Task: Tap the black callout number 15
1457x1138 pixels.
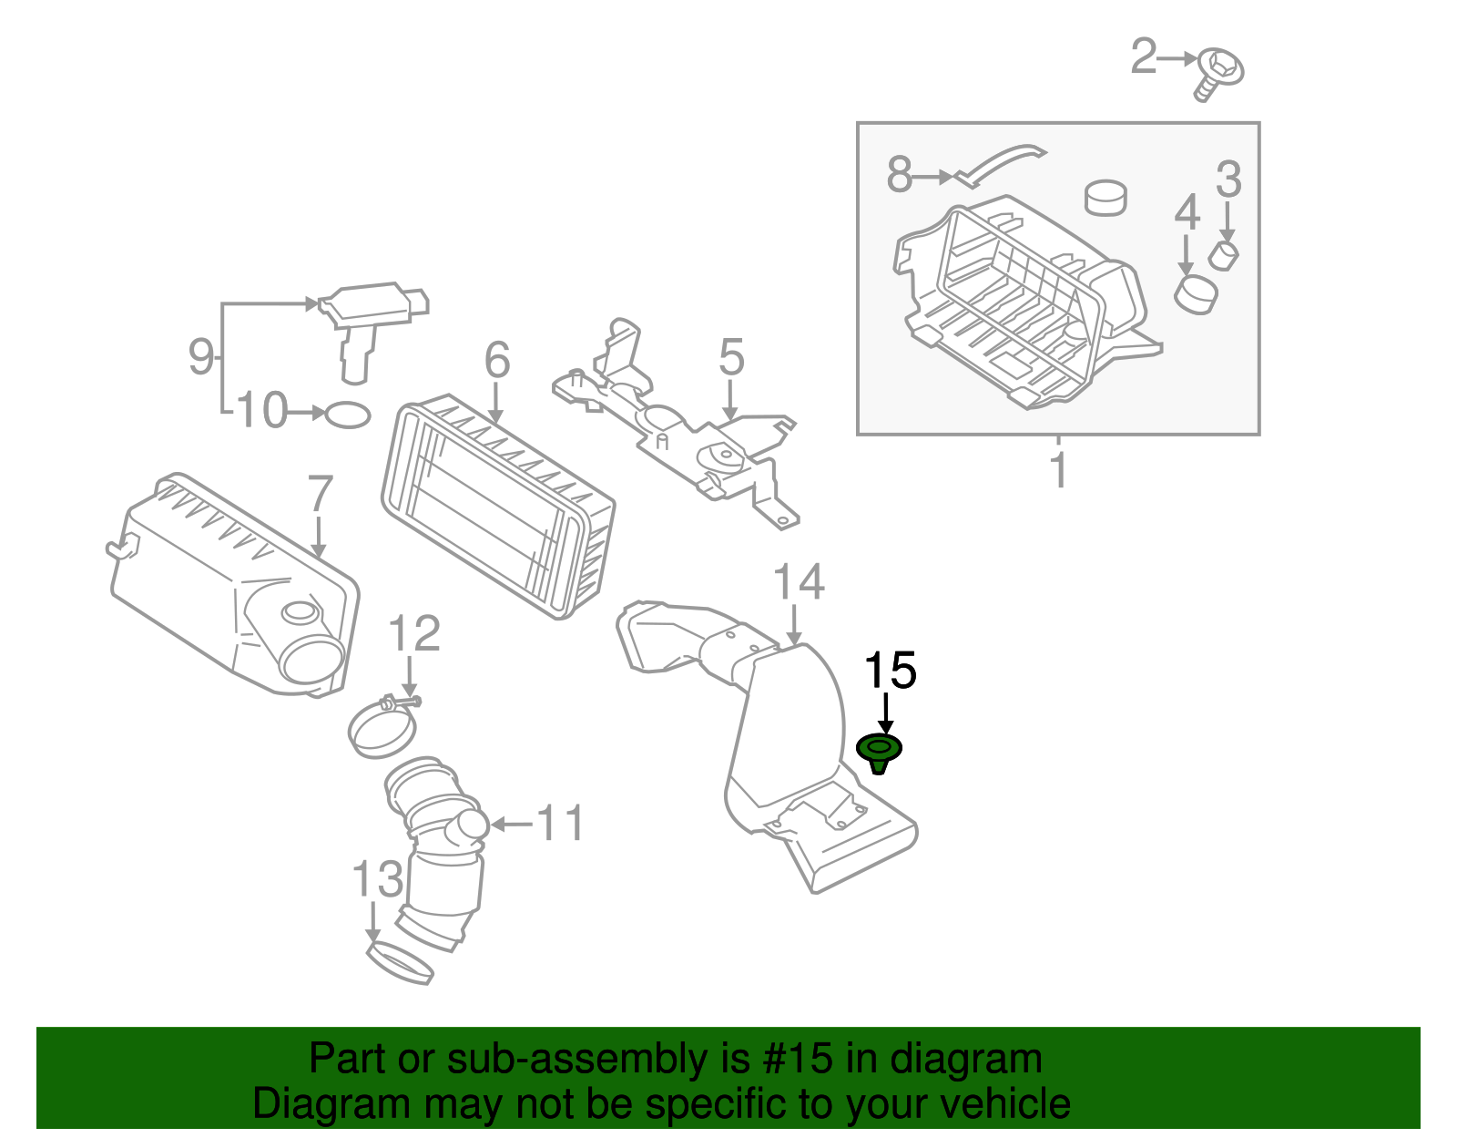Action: coord(890,672)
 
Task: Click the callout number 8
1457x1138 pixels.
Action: coord(899,175)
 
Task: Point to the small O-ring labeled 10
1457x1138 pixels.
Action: coord(348,415)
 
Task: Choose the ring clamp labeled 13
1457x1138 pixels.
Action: coord(400,964)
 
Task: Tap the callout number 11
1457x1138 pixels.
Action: coord(559,824)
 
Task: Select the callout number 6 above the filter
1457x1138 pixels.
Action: coord(497,361)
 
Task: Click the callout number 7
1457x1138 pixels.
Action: coord(320,495)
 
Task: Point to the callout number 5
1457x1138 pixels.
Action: coord(731,356)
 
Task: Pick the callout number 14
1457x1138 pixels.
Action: coord(799,583)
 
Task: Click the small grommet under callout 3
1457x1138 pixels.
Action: coord(1224,256)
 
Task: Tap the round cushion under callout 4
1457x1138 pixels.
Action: coord(1196,293)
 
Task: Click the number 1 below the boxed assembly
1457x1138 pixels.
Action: coord(1057,470)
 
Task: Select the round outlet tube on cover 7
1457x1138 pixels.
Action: coord(313,658)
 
